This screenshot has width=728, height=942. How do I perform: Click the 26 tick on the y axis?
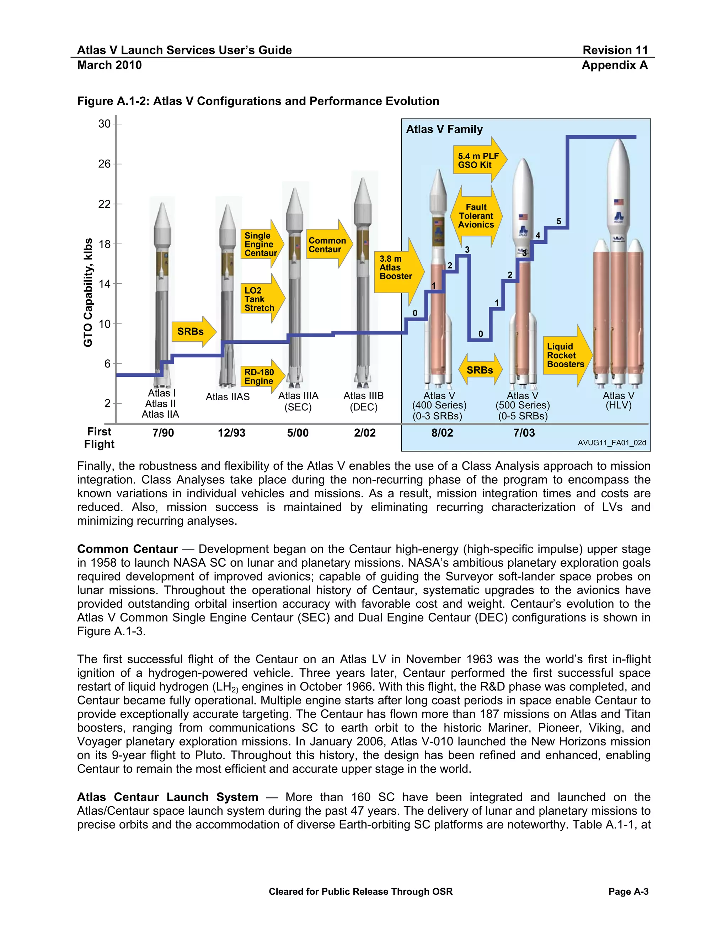[x=105, y=164]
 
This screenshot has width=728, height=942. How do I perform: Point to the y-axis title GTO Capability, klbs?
[x=89, y=293]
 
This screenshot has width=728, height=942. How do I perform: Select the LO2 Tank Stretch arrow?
[x=262, y=299]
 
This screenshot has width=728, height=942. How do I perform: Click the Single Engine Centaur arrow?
[x=261, y=244]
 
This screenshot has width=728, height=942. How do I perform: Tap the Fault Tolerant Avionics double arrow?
[x=476, y=216]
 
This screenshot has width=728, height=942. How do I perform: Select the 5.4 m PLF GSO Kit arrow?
[x=479, y=160]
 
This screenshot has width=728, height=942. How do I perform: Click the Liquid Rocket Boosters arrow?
[x=566, y=355]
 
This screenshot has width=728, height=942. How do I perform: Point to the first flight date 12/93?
[x=232, y=433]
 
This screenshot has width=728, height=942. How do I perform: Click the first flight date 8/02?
[x=442, y=433]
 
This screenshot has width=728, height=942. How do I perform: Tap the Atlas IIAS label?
[x=228, y=397]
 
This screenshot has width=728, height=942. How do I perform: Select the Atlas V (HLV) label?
[x=619, y=400]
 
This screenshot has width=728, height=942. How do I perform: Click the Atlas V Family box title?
[x=444, y=129]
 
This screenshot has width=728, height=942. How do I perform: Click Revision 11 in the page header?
[x=615, y=50]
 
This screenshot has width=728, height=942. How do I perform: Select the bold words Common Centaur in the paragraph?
[x=127, y=549]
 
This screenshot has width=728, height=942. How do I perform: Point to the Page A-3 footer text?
[x=628, y=892]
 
